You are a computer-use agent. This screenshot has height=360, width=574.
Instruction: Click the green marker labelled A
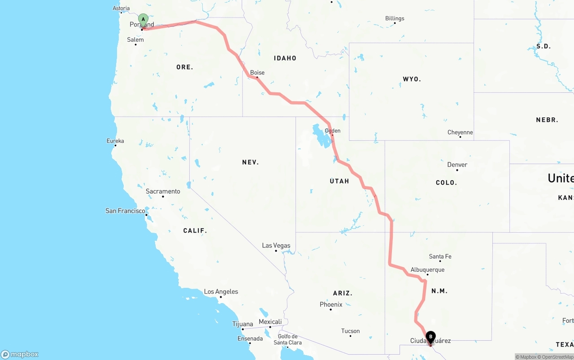click(x=143, y=19)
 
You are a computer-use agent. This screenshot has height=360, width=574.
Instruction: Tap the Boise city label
click(x=257, y=73)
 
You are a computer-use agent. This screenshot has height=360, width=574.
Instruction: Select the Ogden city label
click(x=333, y=131)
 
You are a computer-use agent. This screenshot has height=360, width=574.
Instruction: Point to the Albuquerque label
click(x=427, y=270)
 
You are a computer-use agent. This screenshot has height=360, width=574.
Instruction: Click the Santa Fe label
click(x=440, y=256)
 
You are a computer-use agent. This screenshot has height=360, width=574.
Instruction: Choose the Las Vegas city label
click(x=276, y=246)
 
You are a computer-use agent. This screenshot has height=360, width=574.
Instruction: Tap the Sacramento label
click(x=163, y=191)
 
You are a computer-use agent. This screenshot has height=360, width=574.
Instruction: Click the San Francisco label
click(x=125, y=211)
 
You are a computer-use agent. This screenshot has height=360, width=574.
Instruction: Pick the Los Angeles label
click(x=221, y=292)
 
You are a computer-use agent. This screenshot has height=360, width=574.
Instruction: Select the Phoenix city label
click(x=331, y=305)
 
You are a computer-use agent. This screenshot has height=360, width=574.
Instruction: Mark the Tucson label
click(x=350, y=331)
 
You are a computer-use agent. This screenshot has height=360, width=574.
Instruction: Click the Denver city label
click(x=457, y=165)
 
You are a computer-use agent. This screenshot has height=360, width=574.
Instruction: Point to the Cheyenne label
click(x=460, y=133)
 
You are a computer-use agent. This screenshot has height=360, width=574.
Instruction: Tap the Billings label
click(x=395, y=19)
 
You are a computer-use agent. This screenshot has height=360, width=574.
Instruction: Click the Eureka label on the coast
click(x=115, y=141)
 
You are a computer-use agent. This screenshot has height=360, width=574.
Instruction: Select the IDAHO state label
click(x=285, y=58)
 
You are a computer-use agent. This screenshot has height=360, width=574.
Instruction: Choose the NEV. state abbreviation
click(x=250, y=162)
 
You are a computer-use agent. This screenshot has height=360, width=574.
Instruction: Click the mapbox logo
click(x=20, y=355)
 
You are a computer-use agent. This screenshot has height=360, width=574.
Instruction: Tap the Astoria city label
click(x=121, y=9)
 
